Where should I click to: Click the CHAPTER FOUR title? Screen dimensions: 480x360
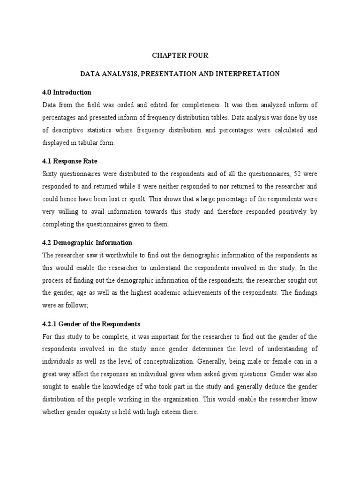(180, 55)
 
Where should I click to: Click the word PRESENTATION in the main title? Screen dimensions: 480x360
(178, 74)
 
